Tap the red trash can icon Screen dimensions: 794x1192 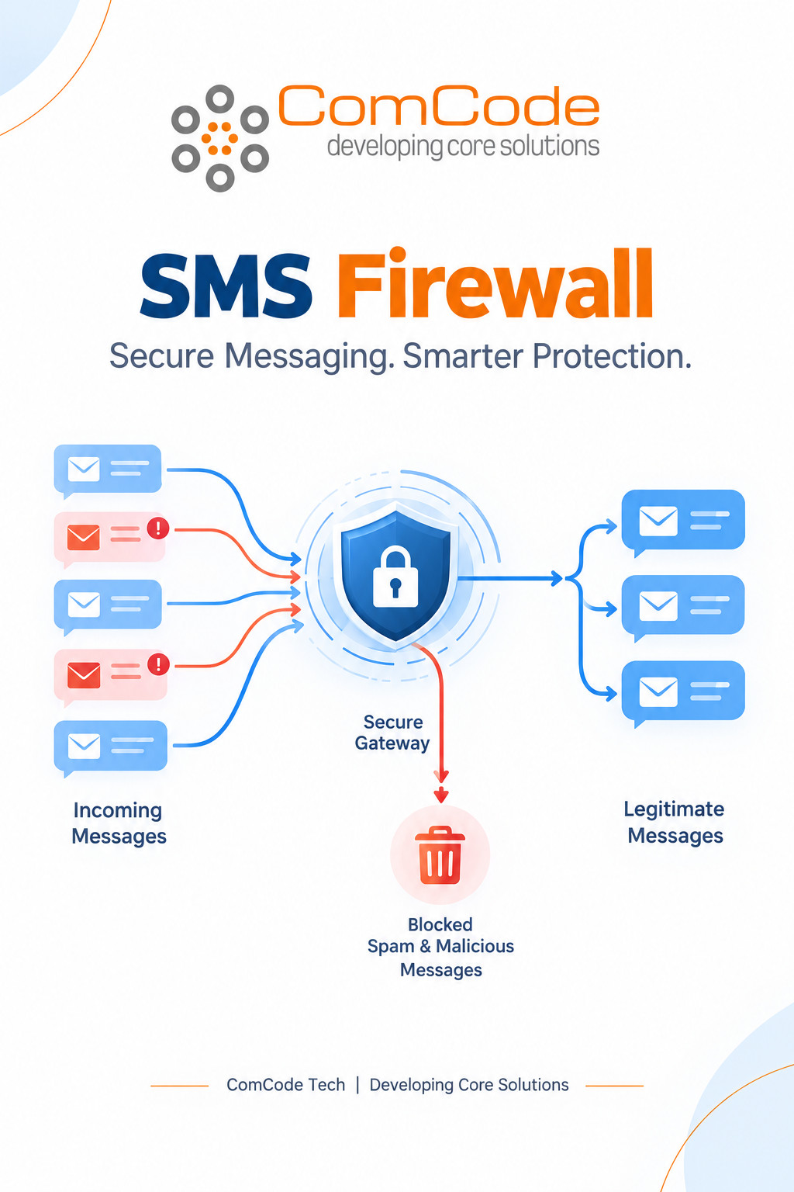click(440, 854)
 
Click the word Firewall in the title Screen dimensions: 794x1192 click(495, 283)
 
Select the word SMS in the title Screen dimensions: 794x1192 click(226, 286)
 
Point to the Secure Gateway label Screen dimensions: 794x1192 click(392, 733)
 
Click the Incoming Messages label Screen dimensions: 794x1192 click(119, 823)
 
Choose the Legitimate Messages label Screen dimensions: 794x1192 click(675, 822)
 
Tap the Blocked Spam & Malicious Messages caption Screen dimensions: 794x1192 click(440, 948)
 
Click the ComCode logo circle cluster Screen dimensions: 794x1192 click(219, 138)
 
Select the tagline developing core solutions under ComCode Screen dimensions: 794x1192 click(463, 147)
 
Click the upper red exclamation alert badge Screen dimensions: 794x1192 click(158, 528)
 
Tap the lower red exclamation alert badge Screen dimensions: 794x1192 click(158, 664)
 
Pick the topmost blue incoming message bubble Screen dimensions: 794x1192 click(108, 470)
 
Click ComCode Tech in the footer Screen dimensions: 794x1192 click(285, 1084)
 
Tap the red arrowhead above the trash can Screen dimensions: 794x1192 click(441, 795)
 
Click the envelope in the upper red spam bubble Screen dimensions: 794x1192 click(84, 537)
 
